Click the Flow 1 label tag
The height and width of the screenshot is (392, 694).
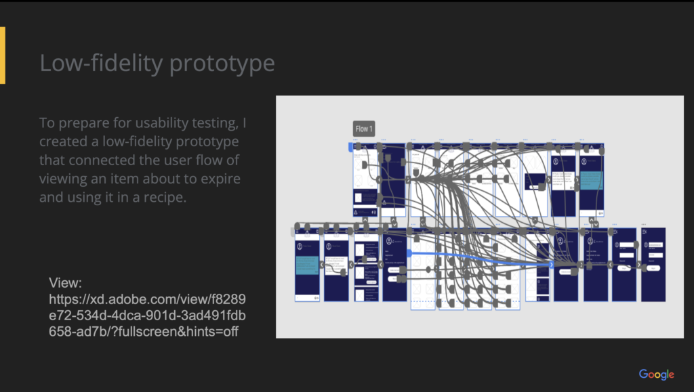[x=364, y=129]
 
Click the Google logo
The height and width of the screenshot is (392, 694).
[x=656, y=374]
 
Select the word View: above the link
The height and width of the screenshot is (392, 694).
[x=66, y=283]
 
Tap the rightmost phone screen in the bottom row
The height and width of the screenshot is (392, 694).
[x=653, y=265]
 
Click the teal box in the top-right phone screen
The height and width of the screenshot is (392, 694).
[x=591, y=180]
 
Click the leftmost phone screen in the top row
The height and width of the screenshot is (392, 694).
[x=365, y=180]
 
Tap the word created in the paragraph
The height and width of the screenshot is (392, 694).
[x=64, y=142]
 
